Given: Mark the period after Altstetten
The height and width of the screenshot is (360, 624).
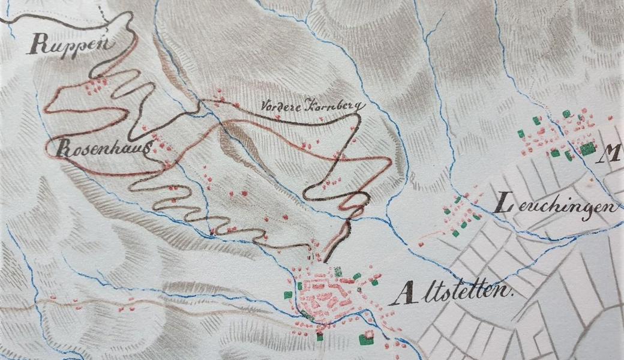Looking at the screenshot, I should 514,296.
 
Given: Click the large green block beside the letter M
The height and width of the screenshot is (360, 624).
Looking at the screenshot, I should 587,148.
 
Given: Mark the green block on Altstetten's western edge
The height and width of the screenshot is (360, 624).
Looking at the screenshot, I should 289,295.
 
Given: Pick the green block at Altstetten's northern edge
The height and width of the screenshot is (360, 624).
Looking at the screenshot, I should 338,271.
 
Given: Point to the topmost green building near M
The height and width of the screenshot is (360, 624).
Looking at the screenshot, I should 565,113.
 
